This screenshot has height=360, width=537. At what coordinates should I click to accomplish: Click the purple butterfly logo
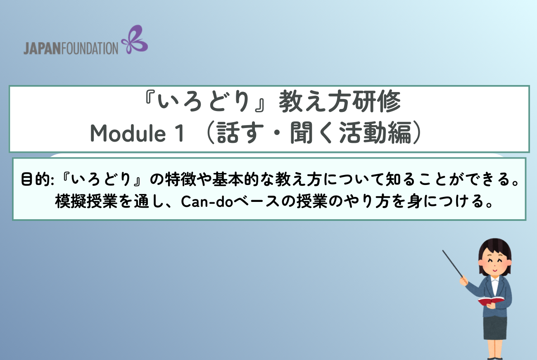[134, 40]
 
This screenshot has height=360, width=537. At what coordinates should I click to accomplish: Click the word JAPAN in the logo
[43, 48]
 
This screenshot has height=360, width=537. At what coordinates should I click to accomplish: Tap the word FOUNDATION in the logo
[90, 48]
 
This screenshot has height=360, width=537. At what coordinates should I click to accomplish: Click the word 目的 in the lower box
[36, 179]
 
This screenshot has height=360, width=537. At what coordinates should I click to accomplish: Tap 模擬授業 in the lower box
[86, 201]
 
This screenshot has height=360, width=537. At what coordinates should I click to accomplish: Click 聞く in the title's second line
[312, 133]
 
